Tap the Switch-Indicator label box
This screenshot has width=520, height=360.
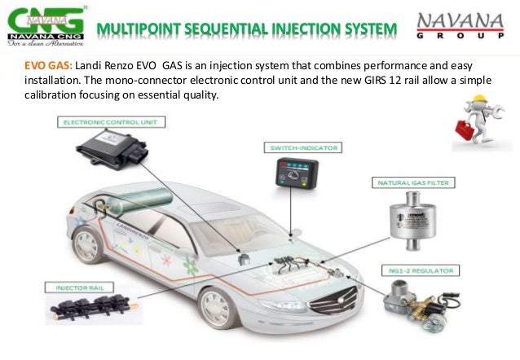(x=302, y=147)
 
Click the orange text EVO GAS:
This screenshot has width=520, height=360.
(x=44, y=64)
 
